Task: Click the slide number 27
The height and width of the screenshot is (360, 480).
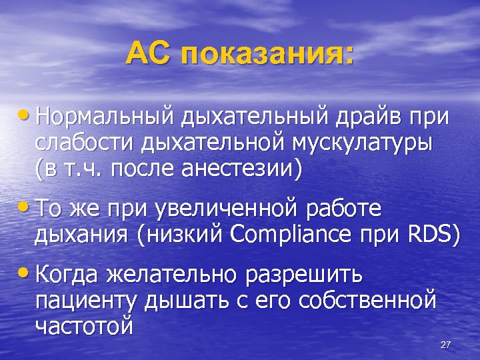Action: [x=446, y=345]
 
